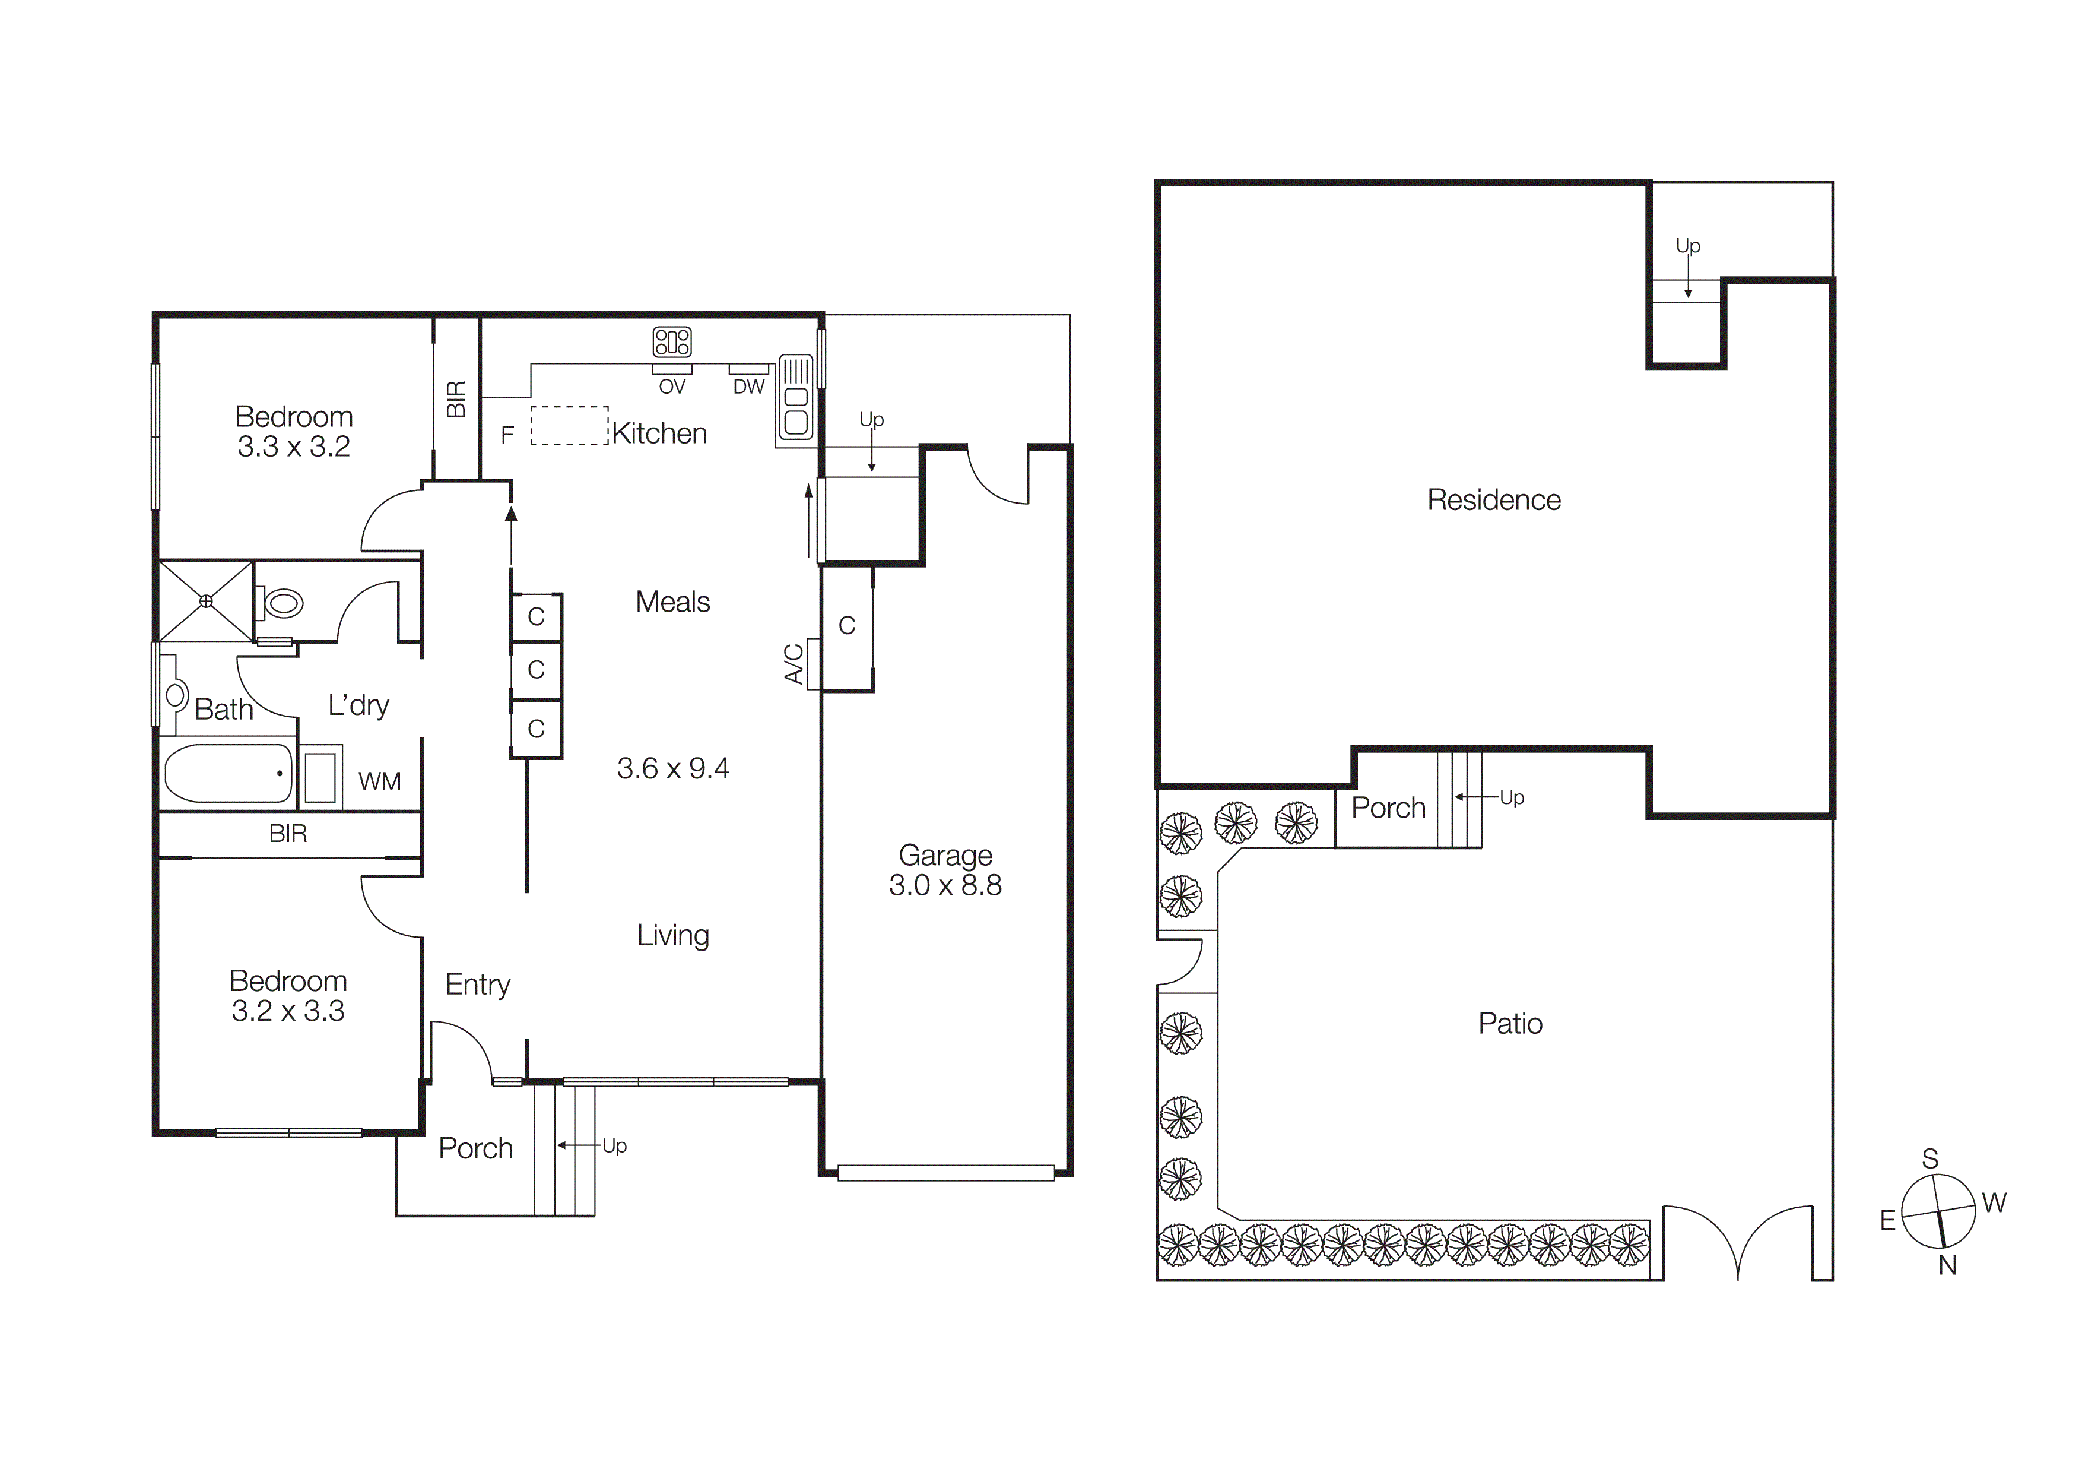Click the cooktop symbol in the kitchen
(672, 342)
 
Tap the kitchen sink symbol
(795, 397)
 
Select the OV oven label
(672, 387)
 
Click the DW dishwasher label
(749, 387)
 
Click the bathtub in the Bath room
(228, 774)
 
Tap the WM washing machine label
(379, 781)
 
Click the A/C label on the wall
(794, 664)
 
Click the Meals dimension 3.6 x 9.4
(673, 769)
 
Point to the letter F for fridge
(508, 435)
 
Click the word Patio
(1510, 1024)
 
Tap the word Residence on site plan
(1493, 500)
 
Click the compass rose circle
(1938, 1212)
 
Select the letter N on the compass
(1947, 1266)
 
